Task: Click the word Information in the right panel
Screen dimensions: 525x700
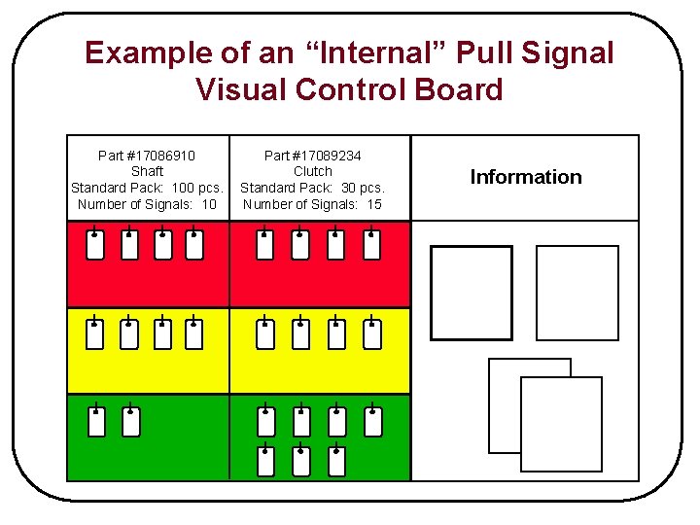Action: [x=526, y=177]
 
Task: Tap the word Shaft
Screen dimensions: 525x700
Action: [x=147, y=171]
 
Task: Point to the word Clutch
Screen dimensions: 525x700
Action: [x=313, y=171]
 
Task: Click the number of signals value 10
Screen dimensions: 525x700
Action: [x=208, y=204]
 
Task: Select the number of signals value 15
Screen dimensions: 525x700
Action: [x=373, y=204]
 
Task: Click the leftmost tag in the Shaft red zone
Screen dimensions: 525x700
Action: [x=95, y=246]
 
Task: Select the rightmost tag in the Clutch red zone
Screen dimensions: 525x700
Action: [x=372, y=246]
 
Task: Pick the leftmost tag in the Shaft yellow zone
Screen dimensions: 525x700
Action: [x=95, y=334]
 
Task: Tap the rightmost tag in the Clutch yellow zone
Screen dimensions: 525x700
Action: [x=372, y=334]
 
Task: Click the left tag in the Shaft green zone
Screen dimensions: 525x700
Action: [x=96, y=421]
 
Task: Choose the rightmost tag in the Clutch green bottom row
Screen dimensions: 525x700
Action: [x=336, y=461]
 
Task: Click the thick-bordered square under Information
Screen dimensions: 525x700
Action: [x=472, y=293]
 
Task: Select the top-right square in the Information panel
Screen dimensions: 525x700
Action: [x=577, y=293]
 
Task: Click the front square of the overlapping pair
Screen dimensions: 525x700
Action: [x=561, y=424]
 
